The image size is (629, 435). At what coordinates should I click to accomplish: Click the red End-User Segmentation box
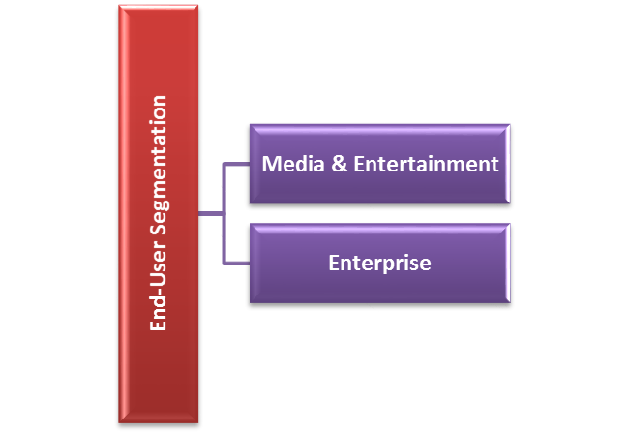coord(159,214)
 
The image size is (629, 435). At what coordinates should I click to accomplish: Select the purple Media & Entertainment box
coord(380,164)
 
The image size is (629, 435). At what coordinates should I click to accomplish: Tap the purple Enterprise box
coord(380,264)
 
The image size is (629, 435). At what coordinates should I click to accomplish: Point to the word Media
coord(293,164)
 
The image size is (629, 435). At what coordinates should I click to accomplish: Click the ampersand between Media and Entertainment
coord(340,164)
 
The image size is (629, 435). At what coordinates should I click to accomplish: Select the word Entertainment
coord(427,164)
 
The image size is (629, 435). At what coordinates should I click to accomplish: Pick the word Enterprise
coord(380,264)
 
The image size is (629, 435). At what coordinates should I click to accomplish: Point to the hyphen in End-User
coord(160,292)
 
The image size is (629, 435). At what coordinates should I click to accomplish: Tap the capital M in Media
coord(271,164)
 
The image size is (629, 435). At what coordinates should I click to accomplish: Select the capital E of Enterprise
coord(334,264)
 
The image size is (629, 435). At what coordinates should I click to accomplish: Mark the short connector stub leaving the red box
coord(211,214)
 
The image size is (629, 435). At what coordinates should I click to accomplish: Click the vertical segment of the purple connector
coord(225,214)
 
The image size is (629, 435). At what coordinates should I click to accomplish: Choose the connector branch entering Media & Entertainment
coord(237,164)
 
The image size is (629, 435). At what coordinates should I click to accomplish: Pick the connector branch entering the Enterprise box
coord(237,264)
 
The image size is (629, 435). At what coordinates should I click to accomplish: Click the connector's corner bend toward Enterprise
coord(225,264)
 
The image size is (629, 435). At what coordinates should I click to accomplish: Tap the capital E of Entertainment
coord(359,164)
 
